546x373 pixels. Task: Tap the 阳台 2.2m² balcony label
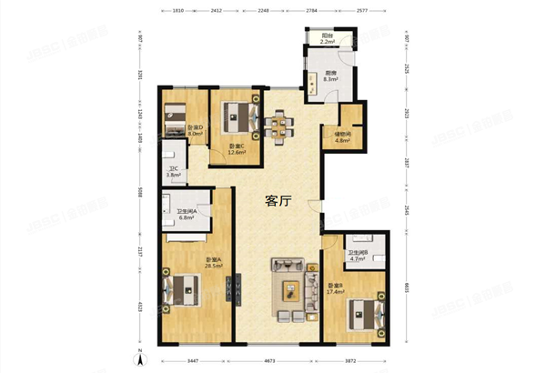328,40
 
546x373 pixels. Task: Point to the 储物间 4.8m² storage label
342,137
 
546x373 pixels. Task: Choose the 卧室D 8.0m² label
194,130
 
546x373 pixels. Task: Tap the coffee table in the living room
290,290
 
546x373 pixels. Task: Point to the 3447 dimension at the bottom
194,361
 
